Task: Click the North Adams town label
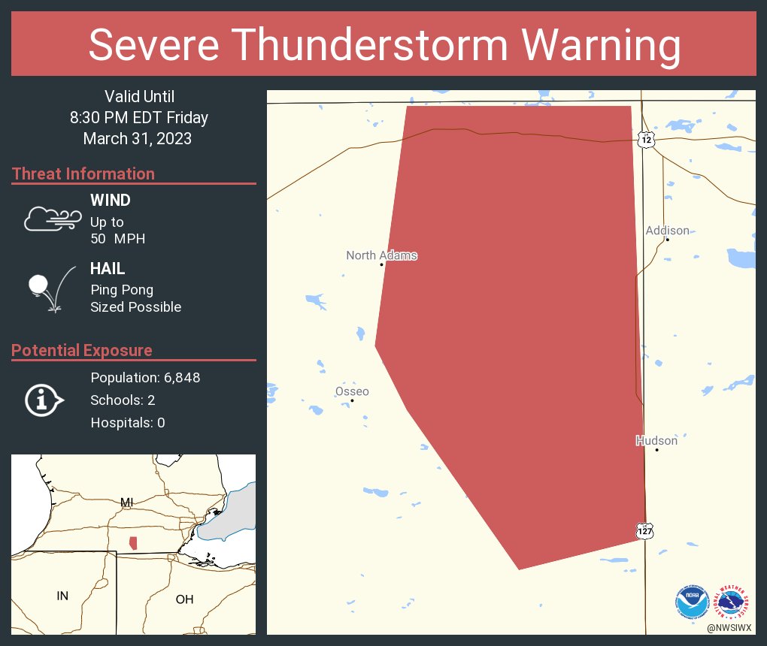click(x=381, y=255)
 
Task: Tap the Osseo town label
click(x=352, y=391)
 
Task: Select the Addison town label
click(x=667, y=230)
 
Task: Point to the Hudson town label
click(x=656, y=440)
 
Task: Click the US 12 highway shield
click(x=647, y=139)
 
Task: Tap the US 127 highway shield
click(x=645, y=530)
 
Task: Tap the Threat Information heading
click(x=83, y=174)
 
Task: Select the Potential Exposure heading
click(x=82, y=350)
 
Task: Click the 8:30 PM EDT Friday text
click(x=139, y=117)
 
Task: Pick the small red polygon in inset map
click(x=133, y=542)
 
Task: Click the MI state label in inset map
click(x=126, y=502)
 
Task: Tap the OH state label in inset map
click(x=184, y=599)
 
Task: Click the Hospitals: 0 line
click(x=128, y=423)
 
